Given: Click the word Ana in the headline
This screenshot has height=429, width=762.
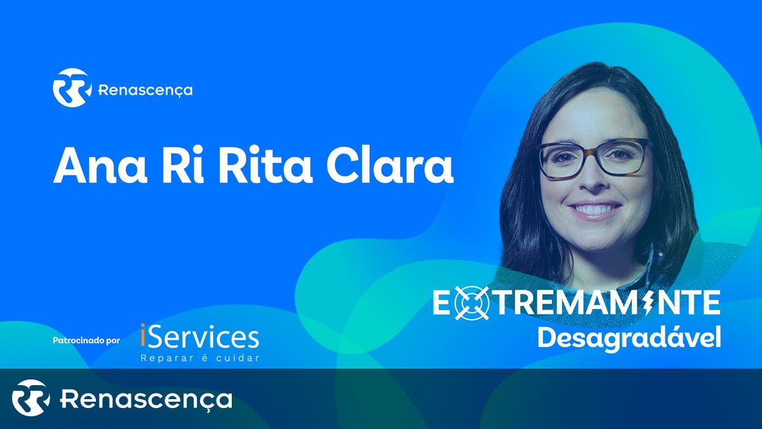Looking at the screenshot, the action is click(100, 166).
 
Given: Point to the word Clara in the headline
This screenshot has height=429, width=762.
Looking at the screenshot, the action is click(390, 166).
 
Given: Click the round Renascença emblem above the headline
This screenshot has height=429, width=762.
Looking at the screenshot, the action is click(72, 88).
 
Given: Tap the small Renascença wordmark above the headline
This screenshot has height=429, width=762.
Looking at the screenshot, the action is click(145, 90).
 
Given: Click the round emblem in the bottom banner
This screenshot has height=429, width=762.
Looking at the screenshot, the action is click(31, 398).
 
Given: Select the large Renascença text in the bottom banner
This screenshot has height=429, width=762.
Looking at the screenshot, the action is click(146, 399).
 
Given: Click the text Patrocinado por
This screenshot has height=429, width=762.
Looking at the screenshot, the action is click(86, 341).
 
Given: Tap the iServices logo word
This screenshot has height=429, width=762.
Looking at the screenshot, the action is click(199, 337).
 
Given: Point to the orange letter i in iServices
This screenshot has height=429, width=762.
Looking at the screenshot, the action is click(144, 336).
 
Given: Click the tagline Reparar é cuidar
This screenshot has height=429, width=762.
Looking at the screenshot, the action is click(199, 358).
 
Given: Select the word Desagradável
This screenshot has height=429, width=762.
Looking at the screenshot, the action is click(629, 337).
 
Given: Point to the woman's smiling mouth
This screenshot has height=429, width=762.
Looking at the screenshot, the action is click(594, 209).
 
